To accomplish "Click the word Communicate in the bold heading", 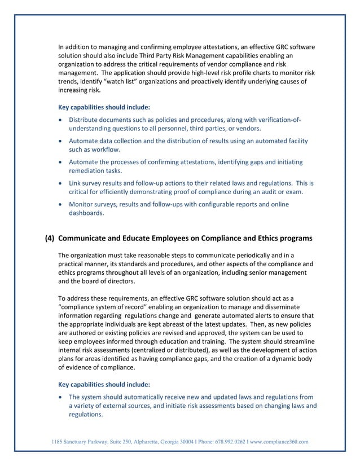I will tap(87, 238).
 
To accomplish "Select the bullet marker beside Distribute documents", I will tap(61, 120).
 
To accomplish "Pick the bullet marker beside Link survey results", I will tap(61, 183).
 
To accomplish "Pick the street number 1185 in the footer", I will tap(58, 441).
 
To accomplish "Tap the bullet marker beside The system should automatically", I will tap(61, 397).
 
